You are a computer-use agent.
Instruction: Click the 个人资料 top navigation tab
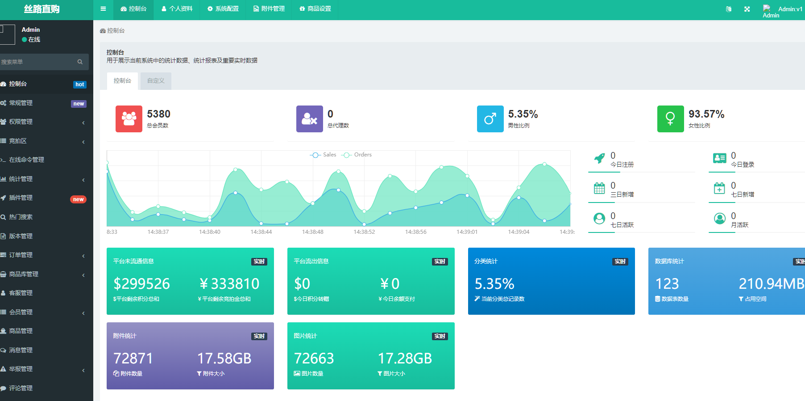tap(177, 9)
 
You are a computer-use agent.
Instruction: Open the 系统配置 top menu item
tap(223, 9)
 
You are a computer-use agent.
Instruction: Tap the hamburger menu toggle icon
tap(103, 9)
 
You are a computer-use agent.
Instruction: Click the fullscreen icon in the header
tap(747, 9)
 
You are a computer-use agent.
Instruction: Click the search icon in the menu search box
tap(80, 62)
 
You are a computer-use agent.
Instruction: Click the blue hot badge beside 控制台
tap(79, 84)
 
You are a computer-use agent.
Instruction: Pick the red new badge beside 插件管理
tap(78, 199)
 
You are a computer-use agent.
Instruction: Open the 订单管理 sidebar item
tap(21, 255)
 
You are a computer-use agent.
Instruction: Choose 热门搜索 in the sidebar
tap(21, 217)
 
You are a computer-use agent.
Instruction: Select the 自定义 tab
tap(156, 81)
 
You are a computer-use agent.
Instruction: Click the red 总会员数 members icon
tap(129, 119)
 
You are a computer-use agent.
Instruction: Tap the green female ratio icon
tap(670, 119)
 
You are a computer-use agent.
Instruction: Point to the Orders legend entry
tap(357, 155)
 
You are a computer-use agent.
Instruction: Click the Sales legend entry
tap(324, 155)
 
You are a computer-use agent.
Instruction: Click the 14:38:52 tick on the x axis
tap(364, 232)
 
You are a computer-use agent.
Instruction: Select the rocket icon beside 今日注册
tap(599, 158)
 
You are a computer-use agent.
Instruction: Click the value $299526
tap(141, 284)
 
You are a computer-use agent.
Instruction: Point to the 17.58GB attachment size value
tap(224, 359)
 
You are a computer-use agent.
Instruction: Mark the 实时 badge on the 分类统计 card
tap(620, 262)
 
